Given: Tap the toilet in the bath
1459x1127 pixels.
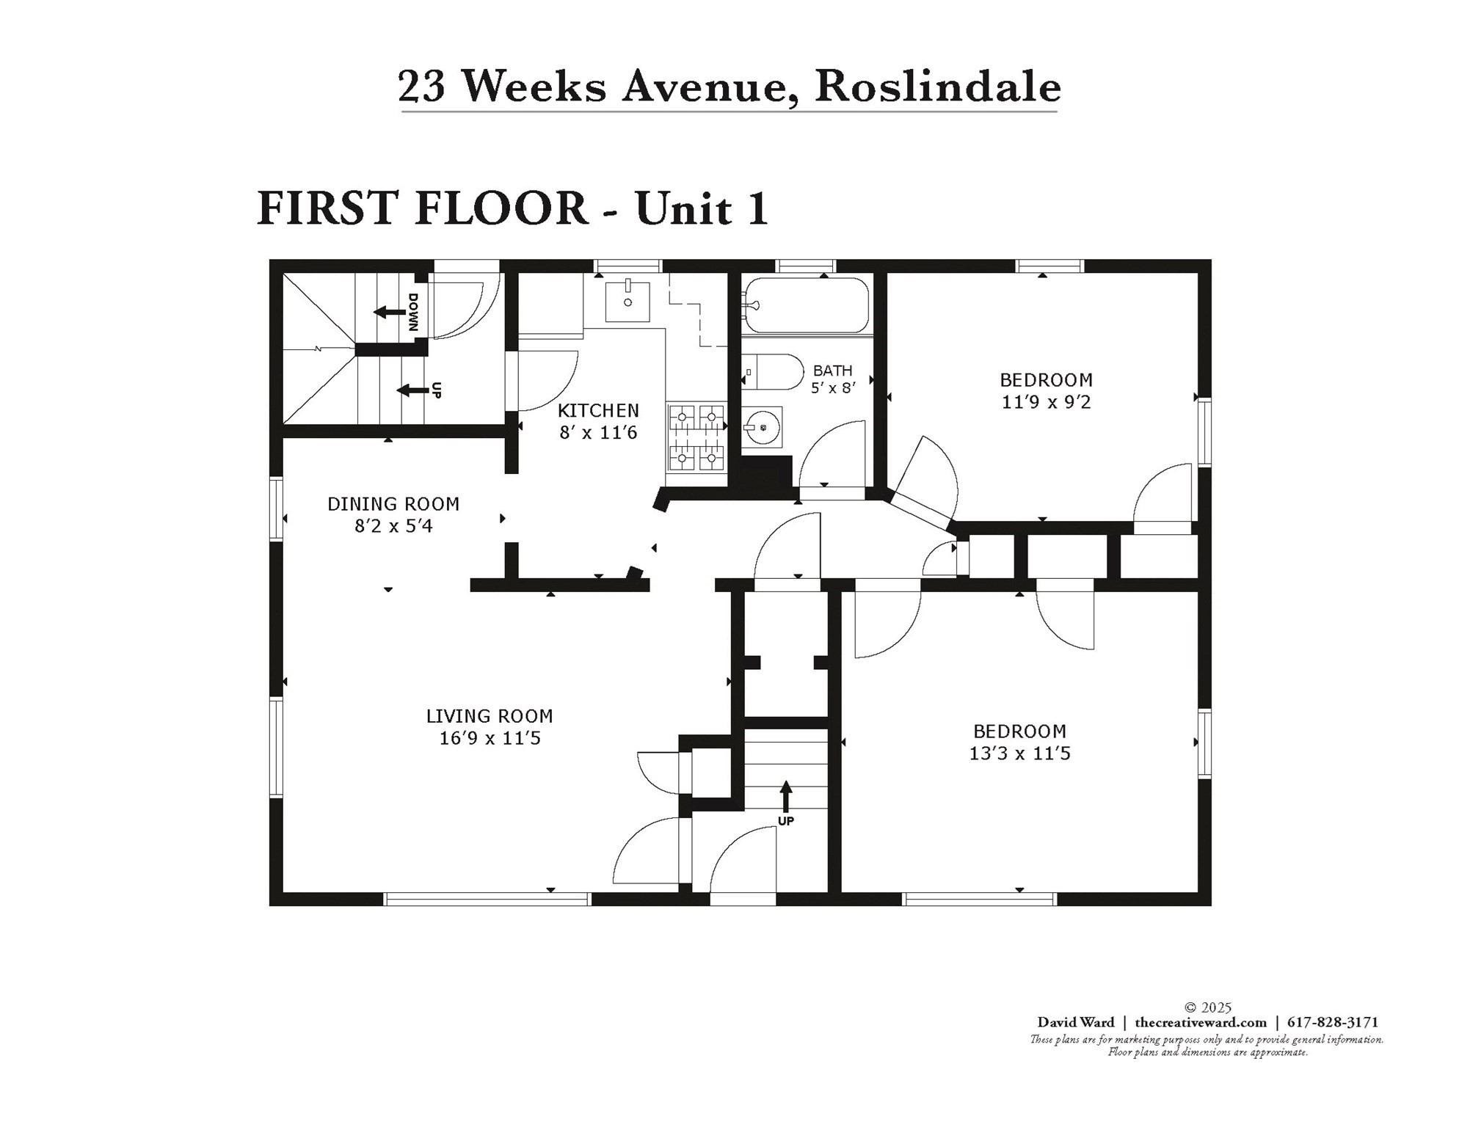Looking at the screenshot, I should click(771, 372).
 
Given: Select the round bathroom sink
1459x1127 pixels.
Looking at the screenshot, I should click(763, 427).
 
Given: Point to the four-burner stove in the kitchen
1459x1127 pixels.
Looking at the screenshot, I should click(696, 438).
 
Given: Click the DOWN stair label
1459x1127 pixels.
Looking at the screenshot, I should click(413, 312).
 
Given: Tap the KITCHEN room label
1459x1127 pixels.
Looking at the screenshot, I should click(598, 410).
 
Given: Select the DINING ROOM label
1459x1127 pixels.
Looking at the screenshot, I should click(393, 504).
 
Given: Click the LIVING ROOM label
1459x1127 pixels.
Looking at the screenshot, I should click(490, 716).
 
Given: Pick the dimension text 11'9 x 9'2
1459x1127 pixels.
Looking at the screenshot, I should click(1046, 402).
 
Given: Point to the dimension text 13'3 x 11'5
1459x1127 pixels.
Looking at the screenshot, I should click(1019, 754).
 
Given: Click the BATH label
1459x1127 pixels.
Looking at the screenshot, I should click(832, 371).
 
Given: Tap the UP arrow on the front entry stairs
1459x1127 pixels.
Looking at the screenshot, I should click(786, 796).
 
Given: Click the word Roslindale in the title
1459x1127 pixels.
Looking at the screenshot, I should click(938, 87).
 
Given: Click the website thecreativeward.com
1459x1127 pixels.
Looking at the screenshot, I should click(1201, 1022).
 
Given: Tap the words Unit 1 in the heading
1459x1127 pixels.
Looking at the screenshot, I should click(702, 208).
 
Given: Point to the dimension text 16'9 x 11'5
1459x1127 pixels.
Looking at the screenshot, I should click(490, 738).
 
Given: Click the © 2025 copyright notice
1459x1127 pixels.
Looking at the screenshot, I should click(1207, 1008).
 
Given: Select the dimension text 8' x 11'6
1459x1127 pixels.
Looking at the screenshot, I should click(598, 432).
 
